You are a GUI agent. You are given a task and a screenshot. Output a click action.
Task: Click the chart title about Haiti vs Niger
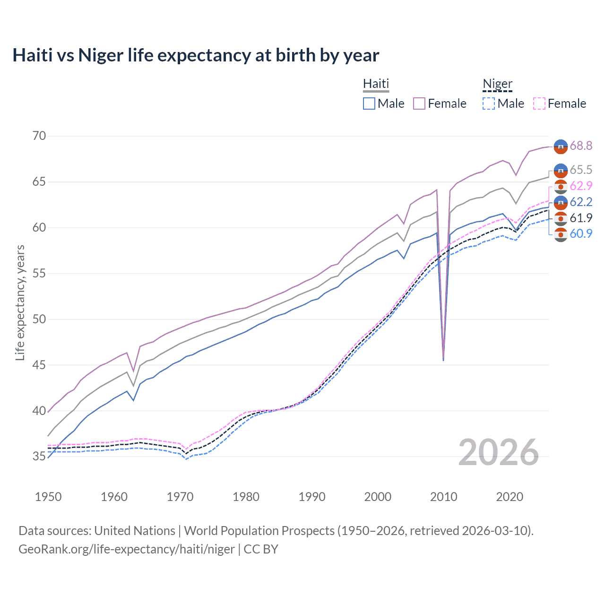[x=196, y=55]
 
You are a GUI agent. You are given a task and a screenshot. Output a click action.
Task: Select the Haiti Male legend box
[x=369, y=104]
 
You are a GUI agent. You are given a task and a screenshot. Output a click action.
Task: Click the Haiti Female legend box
[x=419, y=104]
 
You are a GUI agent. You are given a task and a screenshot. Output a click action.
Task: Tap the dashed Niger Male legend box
[x=489, y=104]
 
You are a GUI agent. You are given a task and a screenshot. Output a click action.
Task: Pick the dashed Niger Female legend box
[x=539, y=104]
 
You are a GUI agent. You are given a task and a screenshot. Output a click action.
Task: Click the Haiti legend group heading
[x=376, y=84]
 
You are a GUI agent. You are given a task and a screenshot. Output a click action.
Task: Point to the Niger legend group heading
[x=497, y=84]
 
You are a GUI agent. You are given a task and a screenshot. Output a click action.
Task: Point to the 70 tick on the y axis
[x=39, y=136]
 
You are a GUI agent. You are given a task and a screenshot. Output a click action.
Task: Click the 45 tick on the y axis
[x=39, y=365]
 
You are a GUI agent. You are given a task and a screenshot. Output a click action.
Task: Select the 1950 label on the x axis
[x=48, y=497]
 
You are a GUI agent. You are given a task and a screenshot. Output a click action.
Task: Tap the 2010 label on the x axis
[x=443, y=497]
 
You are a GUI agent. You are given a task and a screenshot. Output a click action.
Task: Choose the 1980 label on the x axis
[x=246, y=497]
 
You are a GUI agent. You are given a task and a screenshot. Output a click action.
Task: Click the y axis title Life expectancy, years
[x=20, y=302]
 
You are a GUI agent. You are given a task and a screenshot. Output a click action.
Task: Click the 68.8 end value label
[x=581, y=146]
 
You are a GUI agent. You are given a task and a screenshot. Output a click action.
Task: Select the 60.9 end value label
[x=581, y=233]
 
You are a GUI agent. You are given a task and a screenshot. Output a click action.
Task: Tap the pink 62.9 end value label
[x=581, y=186]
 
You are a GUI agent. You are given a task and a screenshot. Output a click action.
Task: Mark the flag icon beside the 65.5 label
[x=561, y=170]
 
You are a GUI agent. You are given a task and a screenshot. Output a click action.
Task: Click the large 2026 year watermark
[x=498, y=452]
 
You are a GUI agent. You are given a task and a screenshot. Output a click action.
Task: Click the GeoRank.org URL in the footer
[x=127, y=549]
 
